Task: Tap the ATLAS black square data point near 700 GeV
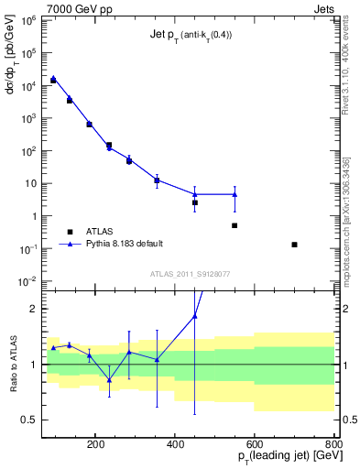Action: [x=294, y=245]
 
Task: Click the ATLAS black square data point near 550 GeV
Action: [x=235, y=225]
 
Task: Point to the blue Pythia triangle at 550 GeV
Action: [x=235, y=194]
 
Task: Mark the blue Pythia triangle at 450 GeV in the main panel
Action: [x=195, y=194]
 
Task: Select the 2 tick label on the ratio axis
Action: [x=33, y=309]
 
